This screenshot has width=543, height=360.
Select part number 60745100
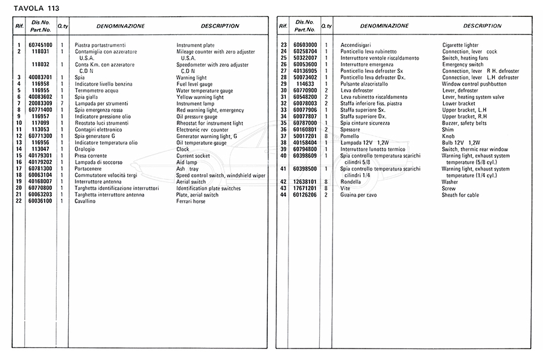(40, 45)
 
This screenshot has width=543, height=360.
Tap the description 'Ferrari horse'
(191, 201)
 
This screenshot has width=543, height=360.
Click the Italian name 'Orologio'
(84, 149)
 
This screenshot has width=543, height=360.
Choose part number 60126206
(305, 195)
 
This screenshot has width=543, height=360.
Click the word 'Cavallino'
(87, 201)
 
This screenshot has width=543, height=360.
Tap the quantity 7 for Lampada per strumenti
(62, 104)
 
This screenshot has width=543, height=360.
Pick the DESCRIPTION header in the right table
(482, 26)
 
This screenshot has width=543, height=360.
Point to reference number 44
(283, 195)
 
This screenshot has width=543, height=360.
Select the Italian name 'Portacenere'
(88, 169)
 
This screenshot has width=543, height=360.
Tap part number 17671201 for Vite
(305, 188)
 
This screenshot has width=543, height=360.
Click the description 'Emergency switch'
(463, 65)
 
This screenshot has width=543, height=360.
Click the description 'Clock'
(183, 149)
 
